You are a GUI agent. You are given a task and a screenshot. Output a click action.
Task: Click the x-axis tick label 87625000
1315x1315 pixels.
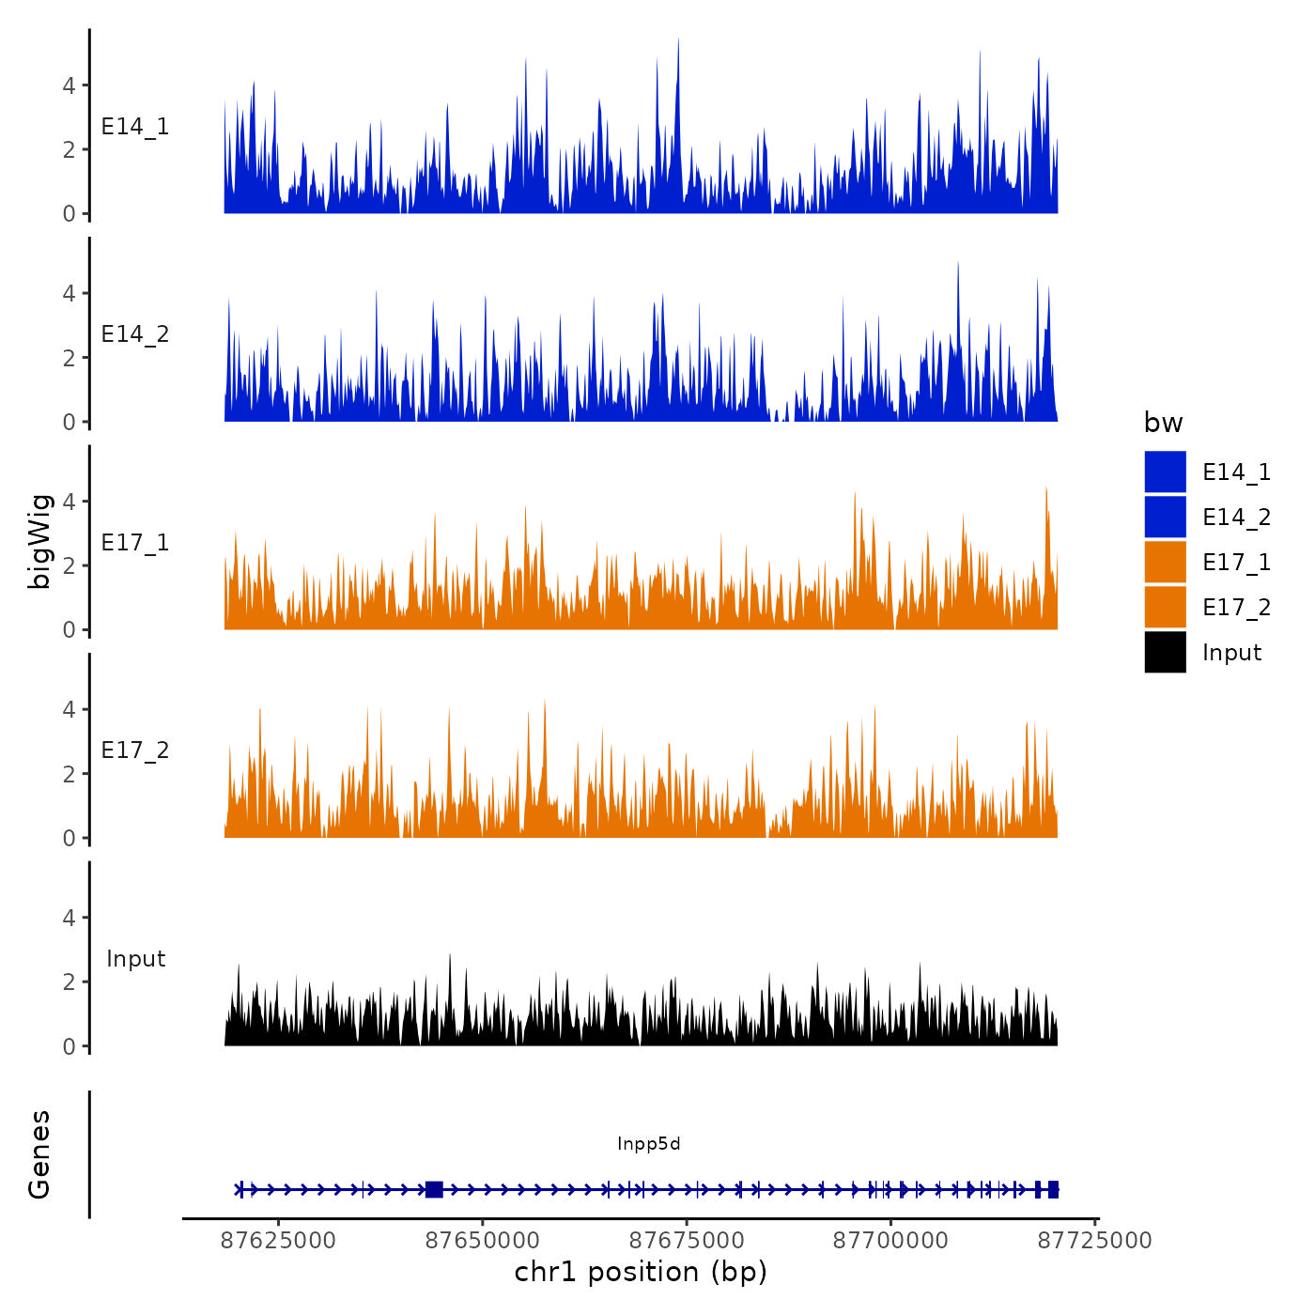click(x=278, y=1241)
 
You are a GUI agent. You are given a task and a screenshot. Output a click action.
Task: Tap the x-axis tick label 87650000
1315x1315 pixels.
click(x=483, y=1241)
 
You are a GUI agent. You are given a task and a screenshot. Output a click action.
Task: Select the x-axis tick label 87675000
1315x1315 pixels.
click(x=687, y=1241)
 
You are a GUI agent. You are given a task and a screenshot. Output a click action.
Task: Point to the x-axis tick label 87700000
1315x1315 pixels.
click(x=890, y=1241)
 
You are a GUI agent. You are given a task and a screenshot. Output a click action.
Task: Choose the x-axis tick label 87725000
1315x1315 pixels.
click(x=1094, y=1241)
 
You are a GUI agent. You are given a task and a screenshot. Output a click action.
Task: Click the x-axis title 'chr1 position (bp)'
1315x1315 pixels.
click(x=641, y=1273)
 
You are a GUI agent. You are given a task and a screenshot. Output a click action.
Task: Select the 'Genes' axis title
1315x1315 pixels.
click(x=39, y=1154)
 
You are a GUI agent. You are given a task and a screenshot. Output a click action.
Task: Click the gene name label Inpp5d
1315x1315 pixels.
click(x=648, y=1144)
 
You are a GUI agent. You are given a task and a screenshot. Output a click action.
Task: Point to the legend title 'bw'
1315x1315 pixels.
click(x=1163, y=424)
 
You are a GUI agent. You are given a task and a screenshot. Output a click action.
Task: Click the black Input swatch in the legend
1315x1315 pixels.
click(x=1165, y=652)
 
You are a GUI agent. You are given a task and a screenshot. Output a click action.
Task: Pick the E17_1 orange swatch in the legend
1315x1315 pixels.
click(x=1165, y=562)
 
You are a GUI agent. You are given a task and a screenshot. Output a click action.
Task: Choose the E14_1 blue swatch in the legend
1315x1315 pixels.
click(x=1165, y=472)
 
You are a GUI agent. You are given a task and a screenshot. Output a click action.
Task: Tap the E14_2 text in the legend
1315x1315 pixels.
click(x=1236, y=518)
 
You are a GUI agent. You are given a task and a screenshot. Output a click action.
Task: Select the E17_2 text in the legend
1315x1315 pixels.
click(x=1236, y=608)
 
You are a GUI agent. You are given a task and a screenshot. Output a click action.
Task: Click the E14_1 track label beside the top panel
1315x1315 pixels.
click(x=135, y=127)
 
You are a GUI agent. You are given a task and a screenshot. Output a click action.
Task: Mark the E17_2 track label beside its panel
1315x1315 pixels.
click(x=135, y=750)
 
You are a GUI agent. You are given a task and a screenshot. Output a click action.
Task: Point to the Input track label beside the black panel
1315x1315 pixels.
click(x=135, y=959)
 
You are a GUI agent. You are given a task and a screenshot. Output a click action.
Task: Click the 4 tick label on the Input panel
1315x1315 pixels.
click(x=69, y=918)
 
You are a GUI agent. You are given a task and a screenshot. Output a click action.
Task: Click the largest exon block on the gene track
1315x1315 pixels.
click(x=434, y=1190)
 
